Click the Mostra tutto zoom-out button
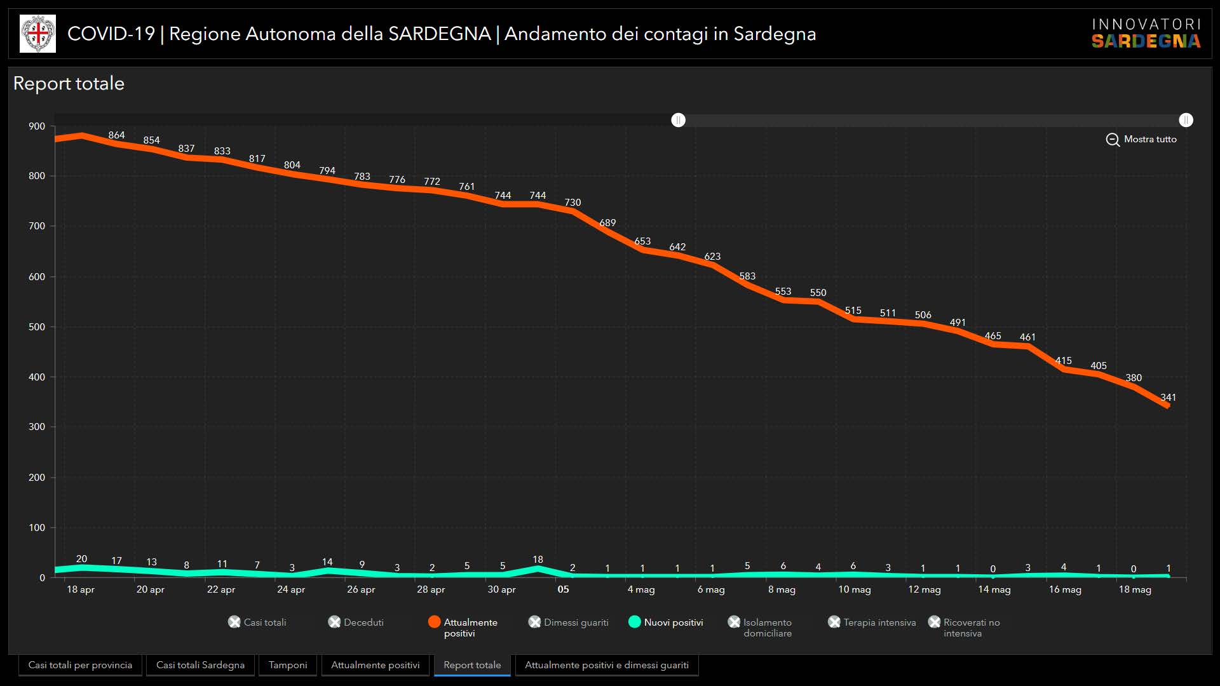(1141, 139)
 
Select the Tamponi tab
(287, 665)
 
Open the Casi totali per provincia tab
(80, 665)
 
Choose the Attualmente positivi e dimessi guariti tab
(606, 665)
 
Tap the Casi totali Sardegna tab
(200, 665)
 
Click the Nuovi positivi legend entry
(665, 622)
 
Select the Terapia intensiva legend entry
(872, 622)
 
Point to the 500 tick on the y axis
(37, 327)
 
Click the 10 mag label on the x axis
(854, 589)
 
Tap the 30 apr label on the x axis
(501, 589)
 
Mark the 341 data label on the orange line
(1168, 398)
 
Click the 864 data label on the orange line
(116, 135)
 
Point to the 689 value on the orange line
(607, 223)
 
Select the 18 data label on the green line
(538, 560)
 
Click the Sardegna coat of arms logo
(37, 34)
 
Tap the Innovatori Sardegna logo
(1146, 33)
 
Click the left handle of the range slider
(678, 120)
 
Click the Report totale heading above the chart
(69, 83)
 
